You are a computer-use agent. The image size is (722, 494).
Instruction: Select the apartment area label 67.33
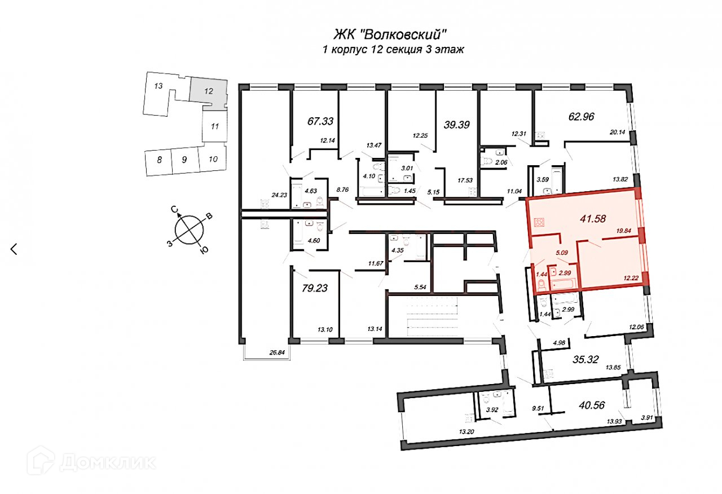click(320, 121)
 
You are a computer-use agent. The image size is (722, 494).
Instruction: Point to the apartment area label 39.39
click(457, 124)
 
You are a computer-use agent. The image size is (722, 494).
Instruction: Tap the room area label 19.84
click(627, 230)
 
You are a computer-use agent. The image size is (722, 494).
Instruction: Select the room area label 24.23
click(280, 195)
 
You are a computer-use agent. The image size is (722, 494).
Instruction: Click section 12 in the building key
click(209, 90)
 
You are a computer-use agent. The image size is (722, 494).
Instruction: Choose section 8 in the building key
click(160, 160)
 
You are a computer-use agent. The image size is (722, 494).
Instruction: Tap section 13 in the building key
click(159, 86)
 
